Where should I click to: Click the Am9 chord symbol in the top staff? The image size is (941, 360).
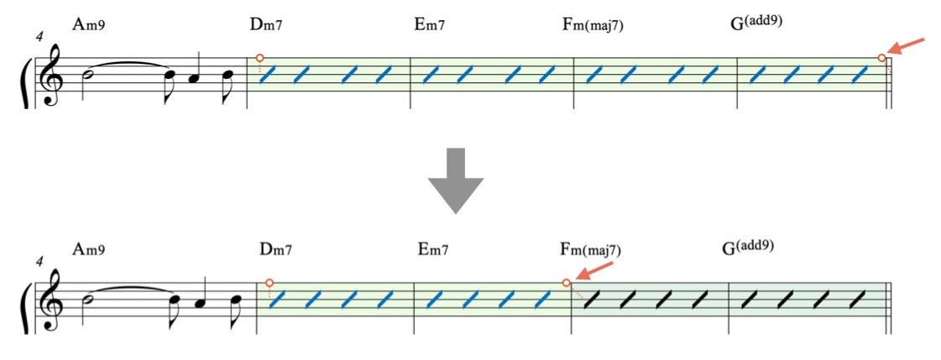88,24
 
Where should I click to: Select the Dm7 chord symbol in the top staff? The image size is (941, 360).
266,24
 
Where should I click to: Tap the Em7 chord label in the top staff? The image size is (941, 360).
429,24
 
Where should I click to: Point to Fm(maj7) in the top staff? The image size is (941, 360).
593,24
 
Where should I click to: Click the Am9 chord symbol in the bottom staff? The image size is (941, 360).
88,249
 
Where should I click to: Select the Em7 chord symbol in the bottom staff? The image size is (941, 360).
432,249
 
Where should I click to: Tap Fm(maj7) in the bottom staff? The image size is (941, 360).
590,249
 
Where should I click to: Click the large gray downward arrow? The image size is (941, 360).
455,180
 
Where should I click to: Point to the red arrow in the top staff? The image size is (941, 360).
907,47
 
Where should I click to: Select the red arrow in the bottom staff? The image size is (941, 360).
595,273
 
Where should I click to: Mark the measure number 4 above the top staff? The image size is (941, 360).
39,38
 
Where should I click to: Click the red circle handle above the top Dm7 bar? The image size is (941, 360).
259,58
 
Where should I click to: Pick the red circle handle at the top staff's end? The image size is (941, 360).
881,58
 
